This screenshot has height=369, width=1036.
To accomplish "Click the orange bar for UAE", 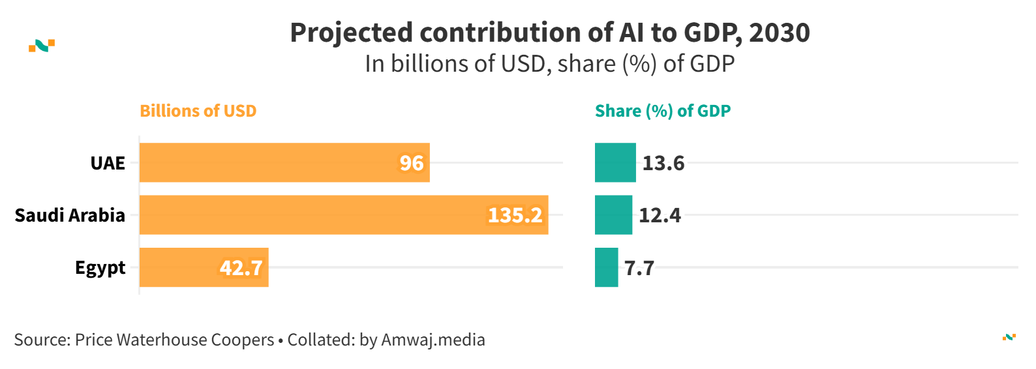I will (x=284, y=162).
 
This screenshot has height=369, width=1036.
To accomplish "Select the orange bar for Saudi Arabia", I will (x=344, y=214).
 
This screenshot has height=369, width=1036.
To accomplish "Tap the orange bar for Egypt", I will (x=204, y=267).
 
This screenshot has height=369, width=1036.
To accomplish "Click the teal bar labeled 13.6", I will (x=615, y=162).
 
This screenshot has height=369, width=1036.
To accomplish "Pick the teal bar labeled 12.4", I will (x=613, y=214).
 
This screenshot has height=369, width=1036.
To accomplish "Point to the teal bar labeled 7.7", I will (x=606, y=267).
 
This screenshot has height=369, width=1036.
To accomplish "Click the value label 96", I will (x=412, y=163).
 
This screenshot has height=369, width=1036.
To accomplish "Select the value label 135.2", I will (x=515, y=215).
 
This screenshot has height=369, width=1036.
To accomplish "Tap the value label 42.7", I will (x=241, y=268).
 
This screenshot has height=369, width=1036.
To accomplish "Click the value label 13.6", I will (x=663, y=163).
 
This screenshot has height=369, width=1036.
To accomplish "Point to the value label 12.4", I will (x=660, y=215).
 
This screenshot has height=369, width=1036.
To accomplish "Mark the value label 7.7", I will (x=639, y=268).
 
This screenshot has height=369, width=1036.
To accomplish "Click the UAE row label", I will (x=108, y=163).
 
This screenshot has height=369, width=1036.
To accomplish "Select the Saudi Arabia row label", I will (x=70, y=215).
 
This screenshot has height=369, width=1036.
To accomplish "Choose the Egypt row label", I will (x=100, y=268).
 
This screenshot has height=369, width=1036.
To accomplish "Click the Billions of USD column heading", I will (x=198, y=111).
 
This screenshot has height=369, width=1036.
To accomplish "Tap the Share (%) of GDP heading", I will (x=663, y=111).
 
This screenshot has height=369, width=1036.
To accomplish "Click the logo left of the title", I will (x=42, y=46).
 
